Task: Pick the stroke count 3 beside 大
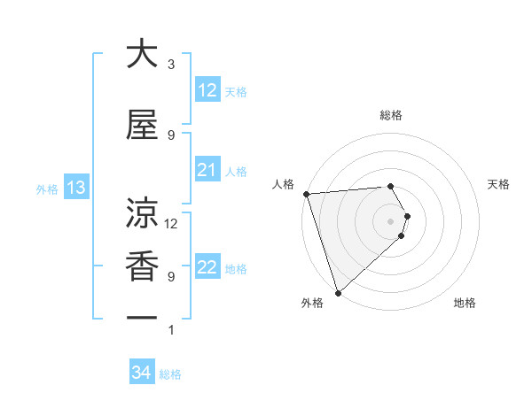pos(171,65)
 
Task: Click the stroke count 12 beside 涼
pos(171,223)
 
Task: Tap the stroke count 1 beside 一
pos(171,330)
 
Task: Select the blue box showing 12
pos(207,89)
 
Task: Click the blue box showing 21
pos(207,169)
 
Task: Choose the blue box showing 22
pos(207,267)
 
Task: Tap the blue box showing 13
pos(76,187)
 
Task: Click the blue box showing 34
pos(142,373)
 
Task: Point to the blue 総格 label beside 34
pos(171,374)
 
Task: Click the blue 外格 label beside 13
pos(47,189)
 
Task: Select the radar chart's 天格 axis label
pos(498,184)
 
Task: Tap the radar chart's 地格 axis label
pos(465,304)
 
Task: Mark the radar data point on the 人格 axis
pos(306,194)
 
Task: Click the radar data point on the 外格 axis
pos(337,292)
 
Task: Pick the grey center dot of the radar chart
pos(390,220)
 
